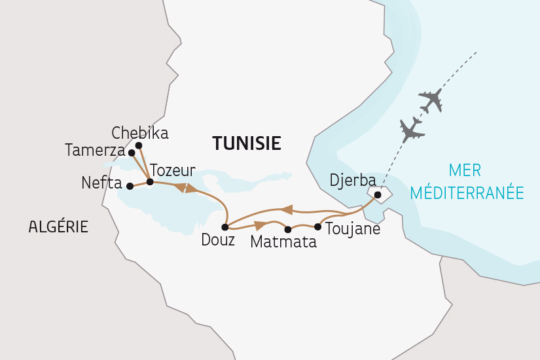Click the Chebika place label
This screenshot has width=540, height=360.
pos(140,134)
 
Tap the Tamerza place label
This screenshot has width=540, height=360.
pos(95,151)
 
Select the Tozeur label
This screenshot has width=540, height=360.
pos(173,171)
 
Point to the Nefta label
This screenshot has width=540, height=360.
pos(101,183)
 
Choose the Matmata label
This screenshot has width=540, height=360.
pos(283,242)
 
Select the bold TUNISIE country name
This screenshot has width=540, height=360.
pos(246,143)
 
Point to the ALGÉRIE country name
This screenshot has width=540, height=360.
pos(58,227)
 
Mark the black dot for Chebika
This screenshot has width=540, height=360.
pos(139,145)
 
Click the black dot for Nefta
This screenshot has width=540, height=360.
pos(130,186)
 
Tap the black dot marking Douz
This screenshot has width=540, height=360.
pos(225,228)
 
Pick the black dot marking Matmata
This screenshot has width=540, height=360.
pos(288,229)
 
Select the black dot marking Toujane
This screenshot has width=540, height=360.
pos(318,227)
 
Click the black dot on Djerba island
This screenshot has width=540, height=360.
pos(378,194)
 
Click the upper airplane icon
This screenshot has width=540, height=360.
pos(431,100)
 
